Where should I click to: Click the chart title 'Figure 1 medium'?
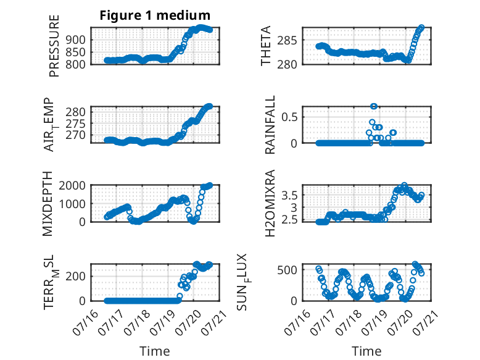155,15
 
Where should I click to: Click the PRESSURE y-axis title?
54,46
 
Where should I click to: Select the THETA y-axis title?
266,46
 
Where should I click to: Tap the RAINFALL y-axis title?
270,125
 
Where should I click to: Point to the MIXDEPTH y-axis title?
48,204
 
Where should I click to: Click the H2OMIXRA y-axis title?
270,203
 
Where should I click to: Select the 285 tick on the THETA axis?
287,40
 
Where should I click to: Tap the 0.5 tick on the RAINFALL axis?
289,117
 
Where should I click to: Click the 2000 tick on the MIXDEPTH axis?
72,185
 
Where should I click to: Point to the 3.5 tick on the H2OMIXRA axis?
289,195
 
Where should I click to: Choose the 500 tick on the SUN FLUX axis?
287,270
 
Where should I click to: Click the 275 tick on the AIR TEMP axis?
75,123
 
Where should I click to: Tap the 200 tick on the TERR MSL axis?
75,277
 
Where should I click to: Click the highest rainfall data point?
373,106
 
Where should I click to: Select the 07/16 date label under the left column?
86,322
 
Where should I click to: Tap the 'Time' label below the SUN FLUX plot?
366,351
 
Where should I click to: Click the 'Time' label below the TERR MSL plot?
155,351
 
